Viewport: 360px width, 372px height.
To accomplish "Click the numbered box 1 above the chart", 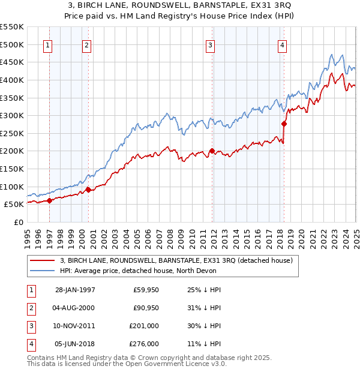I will tap(47, 45).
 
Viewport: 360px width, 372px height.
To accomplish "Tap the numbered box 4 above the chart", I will tap(282, 45).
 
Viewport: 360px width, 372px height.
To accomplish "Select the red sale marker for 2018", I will tap(284, 124).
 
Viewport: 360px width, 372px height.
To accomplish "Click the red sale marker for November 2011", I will tap(212, 151).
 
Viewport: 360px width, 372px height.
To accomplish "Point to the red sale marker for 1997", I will tap(50, 201).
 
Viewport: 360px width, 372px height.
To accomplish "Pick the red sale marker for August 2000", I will tap(88, 190).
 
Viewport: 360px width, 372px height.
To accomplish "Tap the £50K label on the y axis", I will tap(14, 205).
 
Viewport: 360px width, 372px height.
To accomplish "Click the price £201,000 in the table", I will tap(145, 326).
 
